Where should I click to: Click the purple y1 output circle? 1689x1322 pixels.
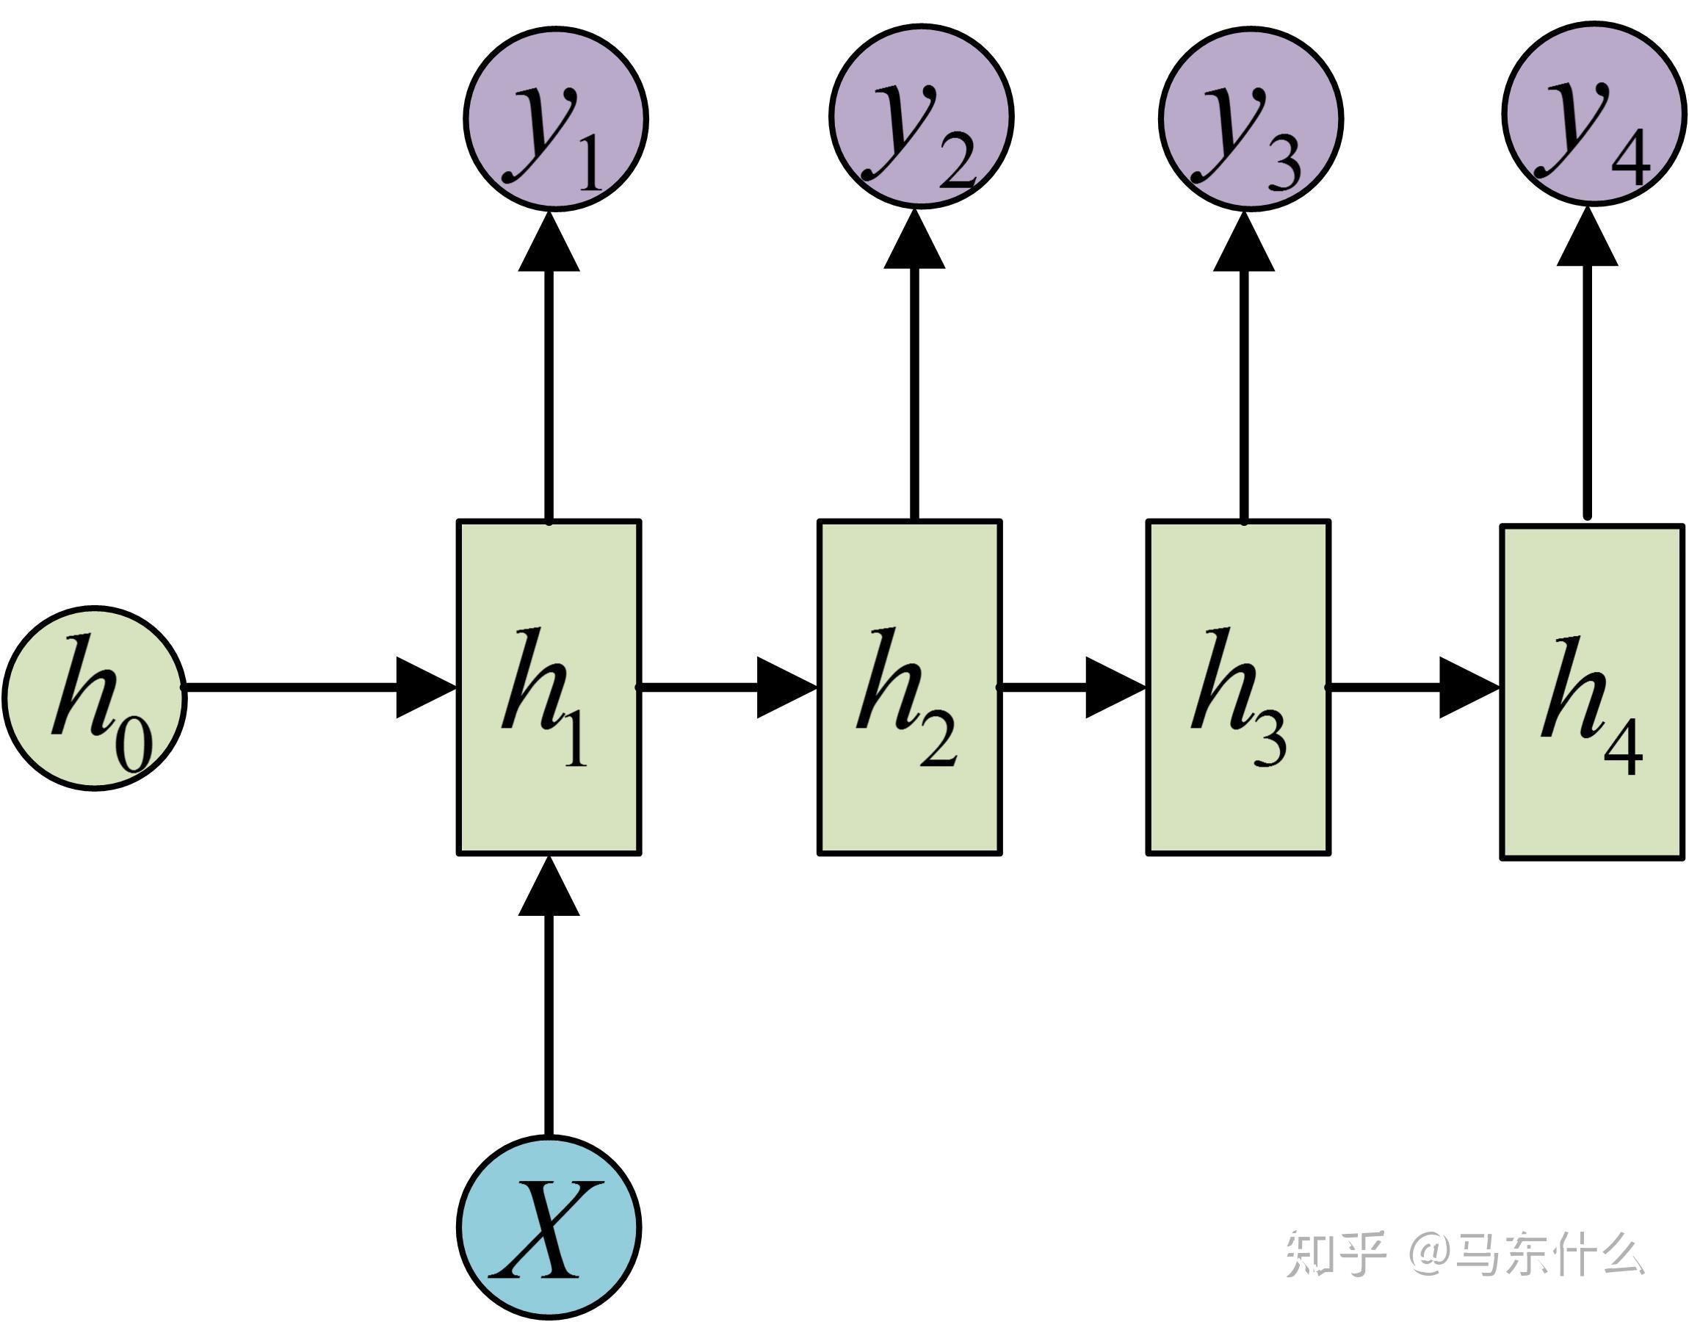(555, 118)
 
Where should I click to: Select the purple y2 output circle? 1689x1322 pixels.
(921, 118)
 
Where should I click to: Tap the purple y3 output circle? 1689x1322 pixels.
(1251, 118)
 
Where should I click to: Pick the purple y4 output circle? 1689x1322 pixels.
(1594, 116)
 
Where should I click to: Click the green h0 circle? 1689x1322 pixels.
(95, 698)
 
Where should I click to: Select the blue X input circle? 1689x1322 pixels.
(549, 1227)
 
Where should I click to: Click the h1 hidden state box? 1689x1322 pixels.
(549, 687)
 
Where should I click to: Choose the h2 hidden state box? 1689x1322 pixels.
(910, 687)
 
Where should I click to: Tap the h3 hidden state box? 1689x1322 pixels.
(1238, 687)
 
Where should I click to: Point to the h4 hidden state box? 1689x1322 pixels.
(1592, 692)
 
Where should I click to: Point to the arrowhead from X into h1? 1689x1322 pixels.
(549, 886)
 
